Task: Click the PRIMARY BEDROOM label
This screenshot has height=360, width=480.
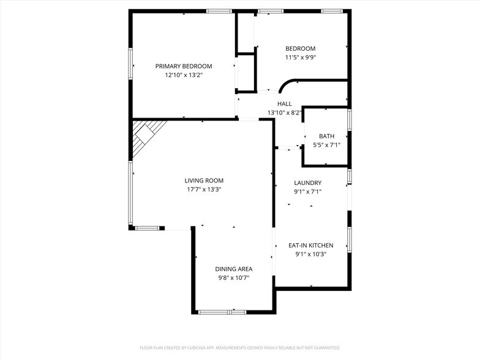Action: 183,66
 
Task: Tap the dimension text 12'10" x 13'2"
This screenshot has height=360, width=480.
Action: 183,75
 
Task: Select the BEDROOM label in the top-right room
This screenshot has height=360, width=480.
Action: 300,49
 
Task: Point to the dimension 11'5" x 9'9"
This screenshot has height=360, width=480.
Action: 300,58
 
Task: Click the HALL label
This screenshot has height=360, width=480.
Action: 284,104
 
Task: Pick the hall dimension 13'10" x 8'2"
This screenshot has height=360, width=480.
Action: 284,113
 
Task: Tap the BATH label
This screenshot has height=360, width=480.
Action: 326,136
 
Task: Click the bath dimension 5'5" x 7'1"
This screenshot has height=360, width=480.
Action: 326,145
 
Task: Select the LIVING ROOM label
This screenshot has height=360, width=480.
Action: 204,181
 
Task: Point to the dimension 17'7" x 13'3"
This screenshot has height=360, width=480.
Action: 204,190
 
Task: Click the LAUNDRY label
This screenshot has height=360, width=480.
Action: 307,183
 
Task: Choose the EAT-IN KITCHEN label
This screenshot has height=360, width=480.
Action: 310,246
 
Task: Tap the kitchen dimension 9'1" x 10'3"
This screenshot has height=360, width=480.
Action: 310,255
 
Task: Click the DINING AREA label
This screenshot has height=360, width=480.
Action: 233,269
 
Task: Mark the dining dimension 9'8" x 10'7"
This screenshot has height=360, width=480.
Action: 233,278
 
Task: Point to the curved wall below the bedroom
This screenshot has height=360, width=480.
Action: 287,83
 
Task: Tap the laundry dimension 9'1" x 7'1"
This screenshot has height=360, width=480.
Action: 307,192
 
